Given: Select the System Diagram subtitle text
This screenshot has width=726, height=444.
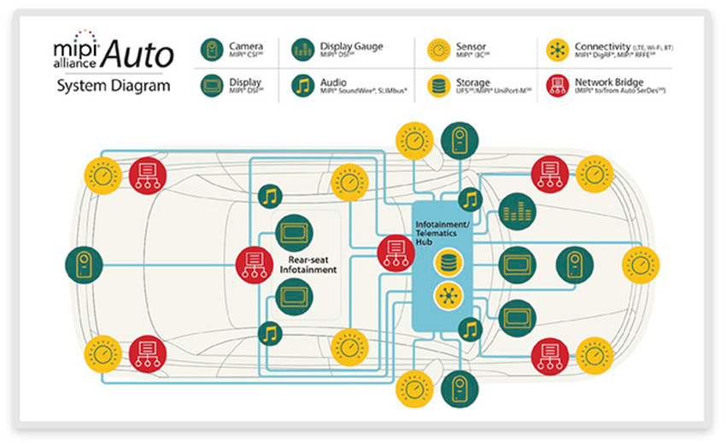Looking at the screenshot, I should pyautogui.click(x=114, y=85).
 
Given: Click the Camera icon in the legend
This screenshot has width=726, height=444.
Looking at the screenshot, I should pyautogui.click(x=212, y=50).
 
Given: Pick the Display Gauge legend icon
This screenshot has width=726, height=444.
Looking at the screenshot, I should pyautogui.click(x=303, y=50).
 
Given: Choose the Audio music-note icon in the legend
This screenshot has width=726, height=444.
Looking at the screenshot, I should pyautogui.click(x=303, y=85).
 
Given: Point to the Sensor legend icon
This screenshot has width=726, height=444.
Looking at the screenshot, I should pyautogui.click(x=439, y=50).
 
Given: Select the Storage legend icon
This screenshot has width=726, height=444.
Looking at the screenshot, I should pyautogui.click(x=439, y=85).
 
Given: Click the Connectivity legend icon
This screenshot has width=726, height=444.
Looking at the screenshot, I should pyautogui.click(x=558, y=50).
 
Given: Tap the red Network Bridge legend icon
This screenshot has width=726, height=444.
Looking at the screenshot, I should pyautogui.click(x=558, y=85).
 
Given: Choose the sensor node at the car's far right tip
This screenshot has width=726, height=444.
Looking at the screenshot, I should pyautogui.click(x=641, y=265).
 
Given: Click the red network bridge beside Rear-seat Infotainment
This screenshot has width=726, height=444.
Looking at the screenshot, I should pyautogui.click(x=255, y=263).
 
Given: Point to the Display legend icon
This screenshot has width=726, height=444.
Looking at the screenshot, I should pyautogui.click(x=212, y=85).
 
